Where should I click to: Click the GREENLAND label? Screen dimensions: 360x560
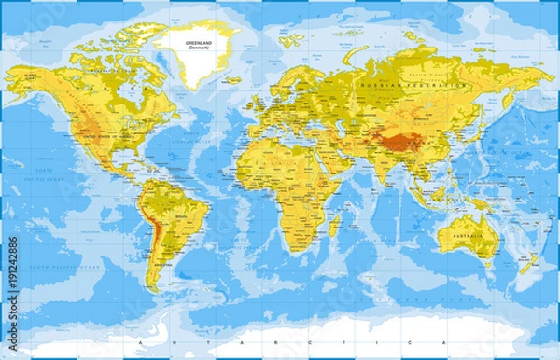click(x=197, y=42)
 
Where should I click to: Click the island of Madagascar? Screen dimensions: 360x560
click(x=332, y=223)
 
